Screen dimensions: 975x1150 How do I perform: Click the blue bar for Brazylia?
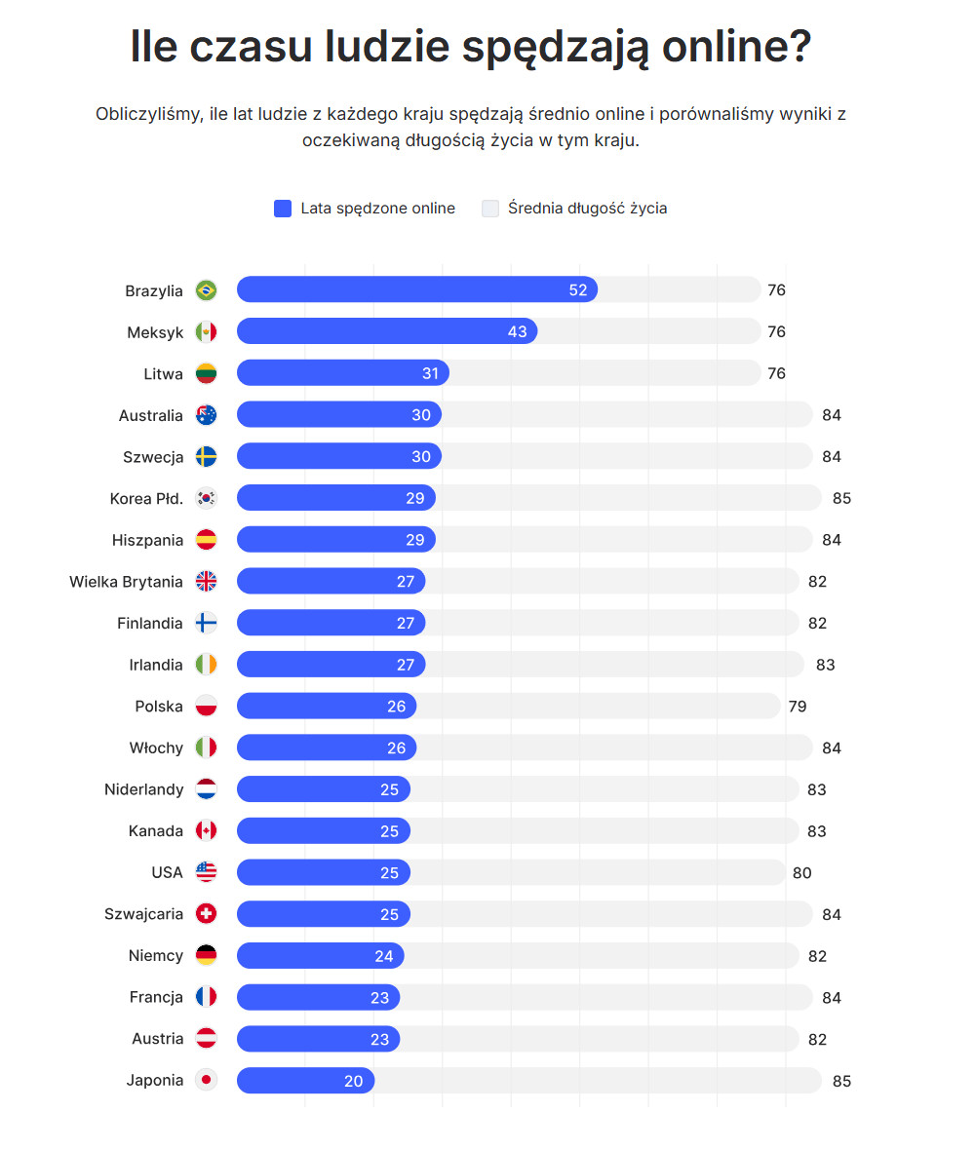tap(416, 289)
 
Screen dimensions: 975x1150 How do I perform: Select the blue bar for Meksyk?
tap(387, 331)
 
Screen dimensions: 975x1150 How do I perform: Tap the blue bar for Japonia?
tap(305, 1081)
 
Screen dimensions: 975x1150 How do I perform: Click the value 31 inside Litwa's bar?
tap(431, 373)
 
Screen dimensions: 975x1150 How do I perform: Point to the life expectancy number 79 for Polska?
tap(798, 707)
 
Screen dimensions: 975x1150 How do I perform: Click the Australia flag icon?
tap(206, 415)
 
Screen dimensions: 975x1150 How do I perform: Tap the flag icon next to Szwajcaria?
tap(206, 914)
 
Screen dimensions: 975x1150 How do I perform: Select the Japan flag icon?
tap(206, 1081)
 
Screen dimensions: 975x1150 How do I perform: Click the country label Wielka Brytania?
tap(126, 582)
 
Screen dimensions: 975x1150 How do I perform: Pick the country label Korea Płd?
tap(146, 499)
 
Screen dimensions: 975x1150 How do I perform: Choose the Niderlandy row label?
tap(143, 789)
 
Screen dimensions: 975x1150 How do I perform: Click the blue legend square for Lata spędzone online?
tap(283, 209)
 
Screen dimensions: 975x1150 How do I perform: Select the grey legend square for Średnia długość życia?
tap(490, 209)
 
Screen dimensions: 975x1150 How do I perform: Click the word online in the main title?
tap(736, 46)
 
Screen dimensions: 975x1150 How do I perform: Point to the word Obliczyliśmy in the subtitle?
tap(149, 114)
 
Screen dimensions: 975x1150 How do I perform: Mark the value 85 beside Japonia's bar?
tap(841, 1081)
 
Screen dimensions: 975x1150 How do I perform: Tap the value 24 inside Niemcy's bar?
tap(384, 956)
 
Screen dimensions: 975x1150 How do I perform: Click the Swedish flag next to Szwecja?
tap(206, 457)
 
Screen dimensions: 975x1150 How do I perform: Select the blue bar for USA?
tap(324, 872)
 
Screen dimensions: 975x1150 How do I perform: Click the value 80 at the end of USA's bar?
tap(801, 873)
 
